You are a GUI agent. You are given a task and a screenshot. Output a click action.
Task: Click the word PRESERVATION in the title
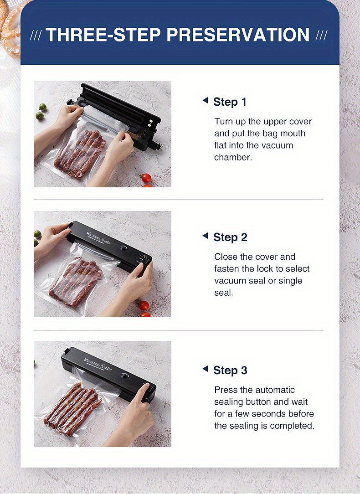pyautogui.click(x=238, y=35)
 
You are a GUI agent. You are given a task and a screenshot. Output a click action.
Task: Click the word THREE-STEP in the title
pyautogui.click(x=103, y=35)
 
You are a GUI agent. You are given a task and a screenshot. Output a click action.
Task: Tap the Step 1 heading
pyautogui.click(x=230, y=102)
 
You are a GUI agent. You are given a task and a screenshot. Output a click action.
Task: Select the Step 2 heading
pyautogui.click(x=230, y=237)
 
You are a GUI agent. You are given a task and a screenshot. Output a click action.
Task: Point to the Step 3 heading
pyautogui.click(x=230, y=370)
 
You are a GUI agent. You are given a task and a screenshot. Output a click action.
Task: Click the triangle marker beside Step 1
pyautogui.click(x=205, y=101)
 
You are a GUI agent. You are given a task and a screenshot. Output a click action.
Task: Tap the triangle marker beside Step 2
pyautogui.click(x=205, y=236)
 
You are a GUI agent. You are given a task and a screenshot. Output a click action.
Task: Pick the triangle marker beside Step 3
pyautogui.click(x=205, y=369)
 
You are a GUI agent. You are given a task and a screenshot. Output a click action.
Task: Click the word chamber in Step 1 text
pyautogui.click(x=233, y=157)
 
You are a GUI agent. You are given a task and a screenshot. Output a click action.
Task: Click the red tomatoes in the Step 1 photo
pyautogui.click(x=146, y=180)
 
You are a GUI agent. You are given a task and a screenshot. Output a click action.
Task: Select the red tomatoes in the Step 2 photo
pyautogui.click(x=144, y=309)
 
